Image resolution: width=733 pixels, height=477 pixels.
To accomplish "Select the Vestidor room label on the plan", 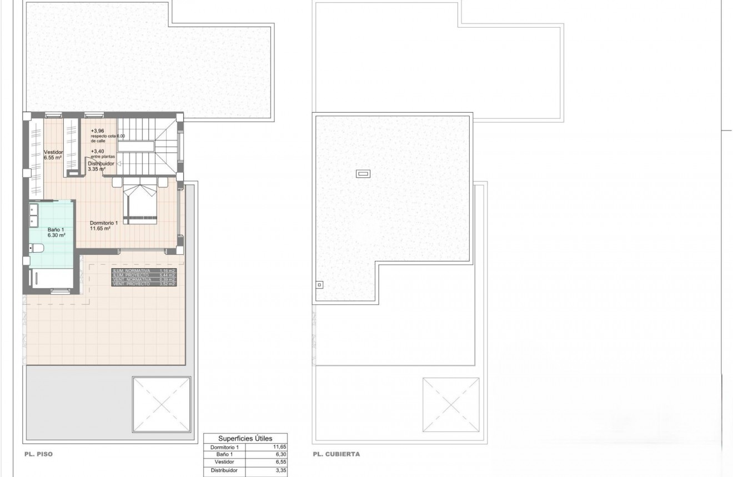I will coord(53,155).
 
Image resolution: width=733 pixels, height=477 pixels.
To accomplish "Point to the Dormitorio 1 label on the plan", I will coord(104,225).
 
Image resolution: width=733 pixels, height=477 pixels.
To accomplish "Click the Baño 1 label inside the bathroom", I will coord(56,232).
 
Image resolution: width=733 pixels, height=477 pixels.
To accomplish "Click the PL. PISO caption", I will coord(38,454).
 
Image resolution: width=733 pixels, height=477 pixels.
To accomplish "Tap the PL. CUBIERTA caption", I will coord(336,454).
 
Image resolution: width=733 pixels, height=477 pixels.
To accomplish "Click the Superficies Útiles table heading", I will coord(245,438).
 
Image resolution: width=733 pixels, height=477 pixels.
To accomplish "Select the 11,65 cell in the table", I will coord(279,447).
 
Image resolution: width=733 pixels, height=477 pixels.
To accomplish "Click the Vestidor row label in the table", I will coord(224,462).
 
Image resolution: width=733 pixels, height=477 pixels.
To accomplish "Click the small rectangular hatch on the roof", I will coord(363,174).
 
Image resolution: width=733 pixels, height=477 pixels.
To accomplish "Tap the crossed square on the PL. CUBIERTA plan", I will coord(451,405).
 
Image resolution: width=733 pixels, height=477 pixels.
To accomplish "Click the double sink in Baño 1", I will coord(33,215).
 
